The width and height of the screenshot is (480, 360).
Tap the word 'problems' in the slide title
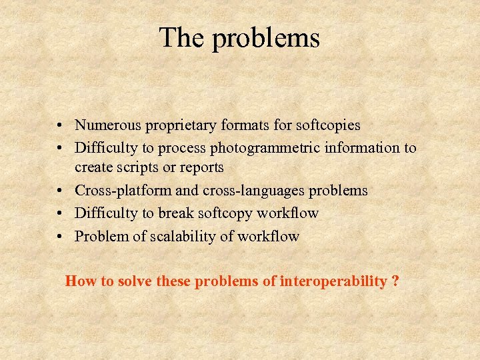(x=266, y=40)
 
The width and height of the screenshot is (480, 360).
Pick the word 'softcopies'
(x=327, y=125)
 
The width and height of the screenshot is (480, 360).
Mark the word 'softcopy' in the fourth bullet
(x=236, y=214)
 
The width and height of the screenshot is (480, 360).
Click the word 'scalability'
(x=169, y=236)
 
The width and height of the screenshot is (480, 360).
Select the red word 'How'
(x=81, y=281)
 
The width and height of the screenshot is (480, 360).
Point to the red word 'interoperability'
(x=333, y=281)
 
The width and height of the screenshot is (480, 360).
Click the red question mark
(x=396, y=281)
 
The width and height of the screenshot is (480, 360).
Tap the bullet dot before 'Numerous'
(x=60, y=125)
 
